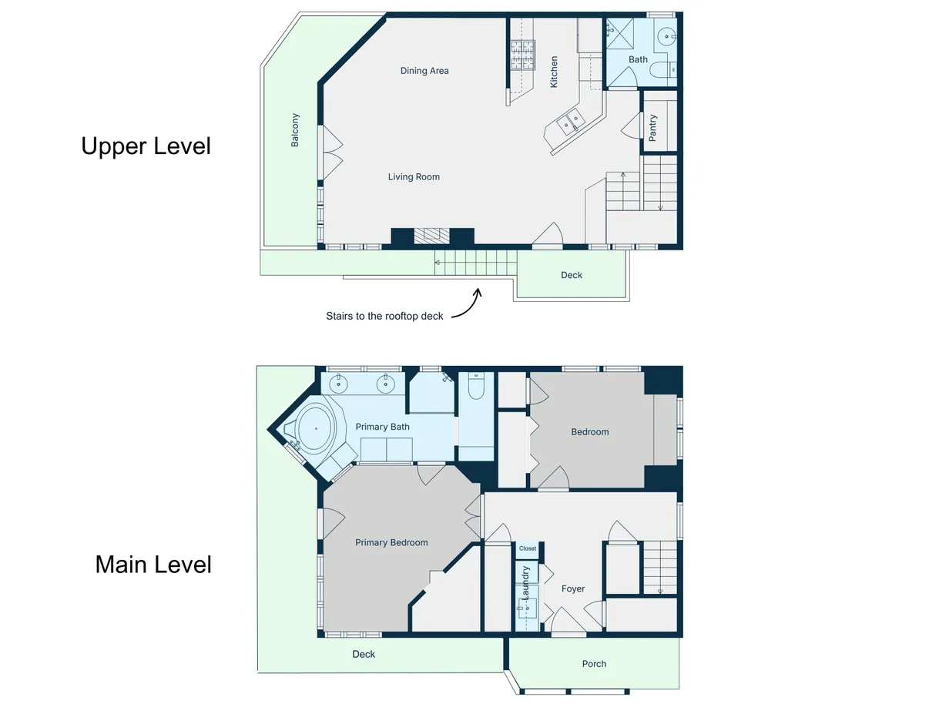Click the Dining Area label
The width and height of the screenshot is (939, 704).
pyautogui.click(x=424, y=71)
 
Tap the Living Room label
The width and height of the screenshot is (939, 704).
pyautogui.click(x=414, y=176)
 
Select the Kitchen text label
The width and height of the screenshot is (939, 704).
pyautogui.click(x=554, y=72)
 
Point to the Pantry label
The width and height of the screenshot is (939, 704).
pyautogui.click(x=652, y=127)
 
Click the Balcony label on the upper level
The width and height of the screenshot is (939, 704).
pyautogui.click(x=295, y=130)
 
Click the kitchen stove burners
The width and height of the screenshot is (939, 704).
pyautogui.click(x=523, y=55)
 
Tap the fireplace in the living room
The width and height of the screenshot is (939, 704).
pyautogui.click(x=432, y=236)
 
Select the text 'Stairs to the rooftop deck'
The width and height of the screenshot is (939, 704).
pyautogui.click(x=384, y=316)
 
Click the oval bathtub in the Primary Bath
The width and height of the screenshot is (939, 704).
pyautogui.click(x=316, y=428)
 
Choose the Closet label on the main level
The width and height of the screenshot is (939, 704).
pyautogui.click(x=528, y=548)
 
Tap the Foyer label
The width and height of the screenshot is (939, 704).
pyautogui.click(x=573, y=589)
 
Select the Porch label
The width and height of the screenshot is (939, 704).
pyautogui.click(x=594, y=664)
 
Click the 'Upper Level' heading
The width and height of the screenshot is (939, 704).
pyautogui.click(x=146, y=146)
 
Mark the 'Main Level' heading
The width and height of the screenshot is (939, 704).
pyautogui.click(x=153, y=565)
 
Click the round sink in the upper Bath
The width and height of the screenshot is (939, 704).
pyautogui.click(x=666, y=36)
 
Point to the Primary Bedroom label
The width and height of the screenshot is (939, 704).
pyautogui.click(x=391, y=543)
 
